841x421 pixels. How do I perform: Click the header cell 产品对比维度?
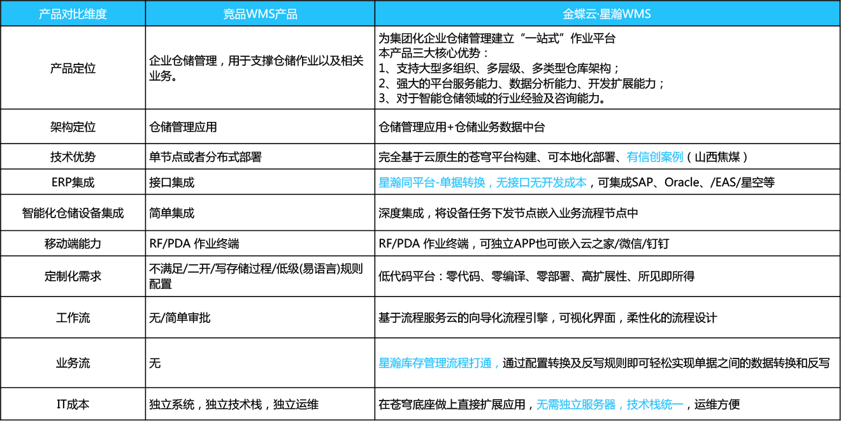(73, 13)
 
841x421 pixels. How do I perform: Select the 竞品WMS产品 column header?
(260, 13)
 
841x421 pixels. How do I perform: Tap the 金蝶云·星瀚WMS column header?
(607, 13)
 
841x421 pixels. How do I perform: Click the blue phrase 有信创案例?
(655, 157)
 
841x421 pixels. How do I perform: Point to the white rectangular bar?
(586, 224)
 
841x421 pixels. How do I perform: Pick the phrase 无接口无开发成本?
(542, 183)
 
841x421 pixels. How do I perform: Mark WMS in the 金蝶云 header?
(636, 13)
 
